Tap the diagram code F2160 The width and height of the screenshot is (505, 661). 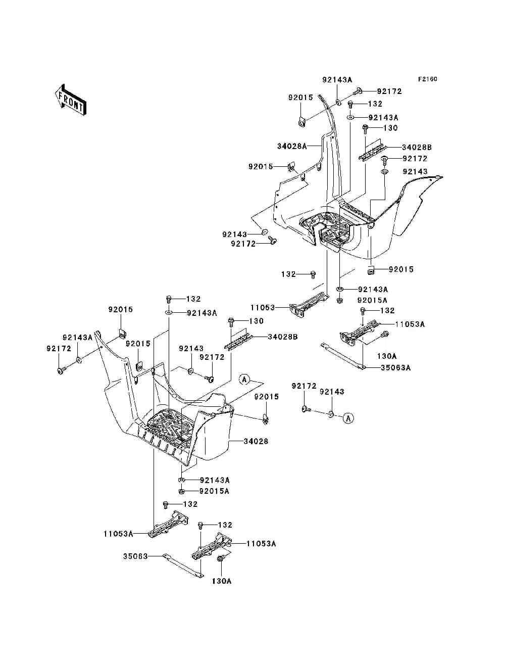pyautogui.click(x=427, y=79)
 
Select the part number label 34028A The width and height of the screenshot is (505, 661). pyautogui.click(x=292, y=147)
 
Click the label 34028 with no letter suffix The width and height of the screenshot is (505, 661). pyautogui.click(x=256, y=442)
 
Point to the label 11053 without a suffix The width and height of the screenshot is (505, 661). pyautogui.click(x=263, y=308)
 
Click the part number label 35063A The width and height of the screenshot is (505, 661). pyautogui.click(x=395, y=368)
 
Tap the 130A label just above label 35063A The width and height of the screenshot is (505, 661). pyautogui.click(x=387, y=356)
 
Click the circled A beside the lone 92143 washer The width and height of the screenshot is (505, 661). pyautogui.click(x=348, y=418)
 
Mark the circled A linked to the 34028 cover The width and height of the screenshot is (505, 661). pyautogui.click(x=244, y=380)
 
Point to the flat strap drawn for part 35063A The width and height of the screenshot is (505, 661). pyautogui.click(x=343, y=356)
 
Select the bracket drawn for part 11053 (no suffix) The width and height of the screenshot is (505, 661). pyautogui.click(x=309, y=305)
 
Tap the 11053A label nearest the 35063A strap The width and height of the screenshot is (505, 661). pyautogui.click(x=410, y=324)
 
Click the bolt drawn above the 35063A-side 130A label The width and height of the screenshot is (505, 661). pyautogui.click(x=385, y=334)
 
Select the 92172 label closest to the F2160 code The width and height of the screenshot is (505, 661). pyautogui.click(x=389, y=91)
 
